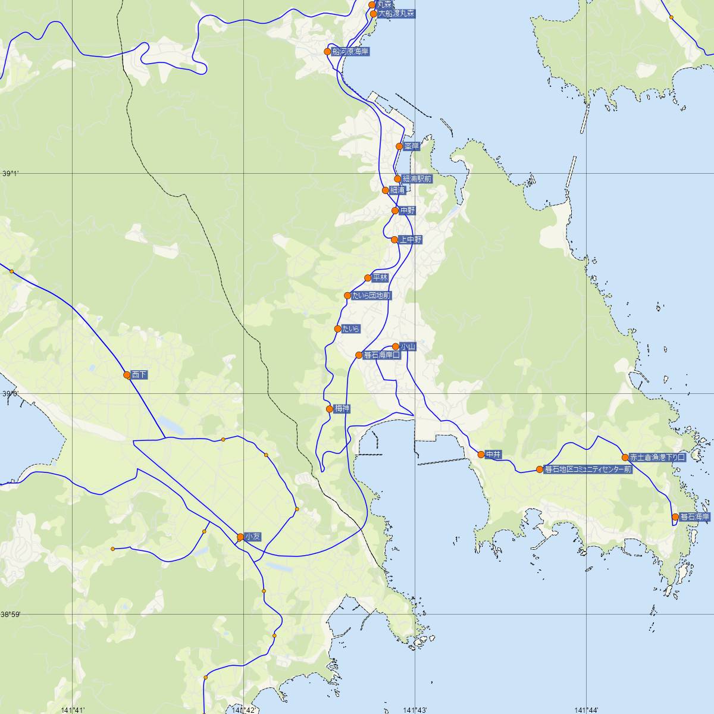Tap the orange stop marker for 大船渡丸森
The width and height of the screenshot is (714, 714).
coord(374,14)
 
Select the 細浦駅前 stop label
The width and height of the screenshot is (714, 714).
coord(417,178)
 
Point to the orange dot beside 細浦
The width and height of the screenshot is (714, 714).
coord(386,190)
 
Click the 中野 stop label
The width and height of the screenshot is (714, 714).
coord(408,211)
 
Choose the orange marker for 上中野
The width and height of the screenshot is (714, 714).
coord(394,240)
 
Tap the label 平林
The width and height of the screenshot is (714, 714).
coord(380,278)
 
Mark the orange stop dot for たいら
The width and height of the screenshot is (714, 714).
coord(338,329)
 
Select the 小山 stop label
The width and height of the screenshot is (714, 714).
coord(407,346)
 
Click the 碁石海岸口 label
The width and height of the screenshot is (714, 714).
coord(381,355)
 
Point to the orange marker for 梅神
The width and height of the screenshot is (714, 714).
coord(330,409)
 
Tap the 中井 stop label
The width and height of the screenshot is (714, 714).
coord(494,455)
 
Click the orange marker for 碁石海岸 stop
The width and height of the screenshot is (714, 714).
coord(675,517)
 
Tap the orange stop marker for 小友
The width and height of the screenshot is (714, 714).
coord(240,537)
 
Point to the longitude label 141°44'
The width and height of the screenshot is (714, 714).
coord(586,709)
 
